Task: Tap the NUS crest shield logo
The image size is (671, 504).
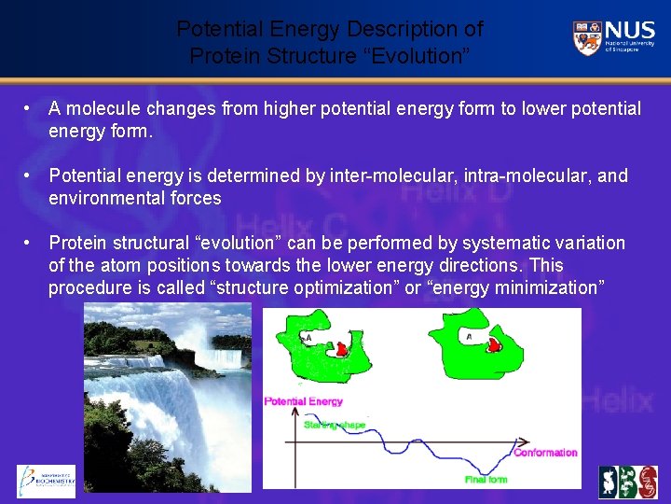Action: point(586,38)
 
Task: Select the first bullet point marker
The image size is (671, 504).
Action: point(31,109)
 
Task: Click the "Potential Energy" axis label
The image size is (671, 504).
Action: point(304,401)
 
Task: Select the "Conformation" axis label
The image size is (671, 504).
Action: point(545,453)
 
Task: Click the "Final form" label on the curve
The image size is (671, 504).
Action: point(486,480)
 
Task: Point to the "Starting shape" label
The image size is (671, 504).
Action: point(334,425)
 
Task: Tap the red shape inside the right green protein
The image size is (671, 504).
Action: point(495,345)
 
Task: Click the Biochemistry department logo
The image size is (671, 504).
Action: point(46,480)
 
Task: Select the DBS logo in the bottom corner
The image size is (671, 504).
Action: point(627,482)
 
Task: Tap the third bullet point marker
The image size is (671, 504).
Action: point(31,244)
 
